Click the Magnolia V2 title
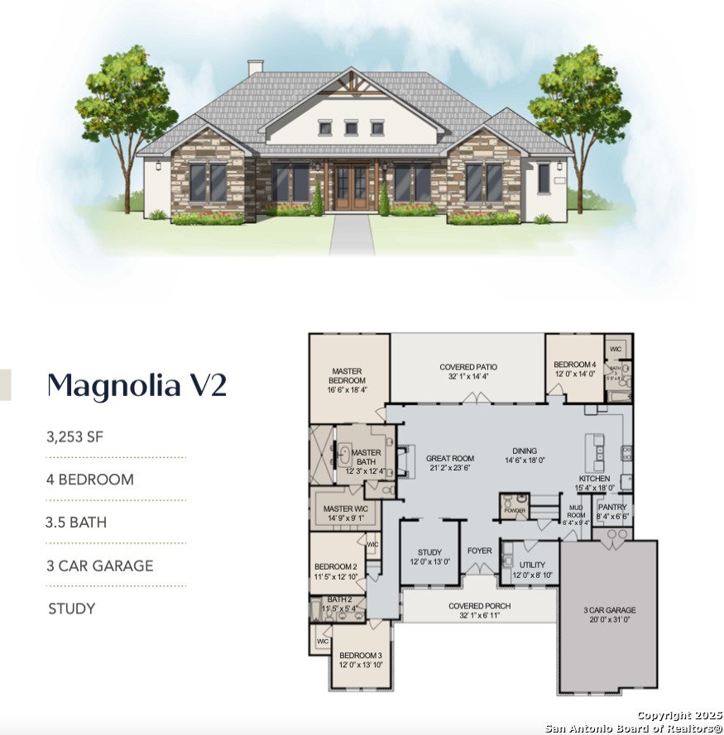pos(136,385)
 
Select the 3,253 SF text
pos(75,437)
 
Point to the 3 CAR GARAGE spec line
pos(101,566)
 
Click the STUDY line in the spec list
pos(72,609)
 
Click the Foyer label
pos(479,551)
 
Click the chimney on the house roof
pos(256,68)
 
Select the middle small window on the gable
pos(351,127)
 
